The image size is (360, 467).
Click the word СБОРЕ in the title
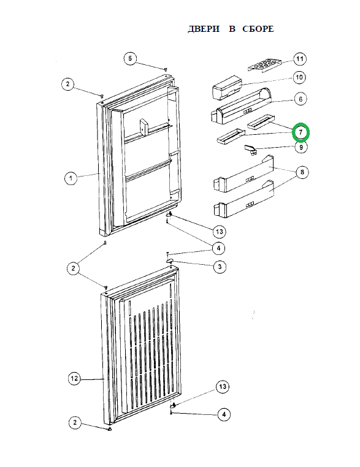[x=258, y=29]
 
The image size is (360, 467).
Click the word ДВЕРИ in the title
[x=204, y=29]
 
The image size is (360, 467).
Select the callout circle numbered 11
[x=299, y=59]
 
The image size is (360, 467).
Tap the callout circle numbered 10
[x=299, y=77]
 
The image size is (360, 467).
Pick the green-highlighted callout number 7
[x=301, y=132]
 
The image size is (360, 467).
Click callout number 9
[x=301, y=147]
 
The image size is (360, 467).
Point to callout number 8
[x=302, y=172]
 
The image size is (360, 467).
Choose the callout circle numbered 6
[x=301, y=99]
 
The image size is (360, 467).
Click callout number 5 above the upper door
[x=130, y=58]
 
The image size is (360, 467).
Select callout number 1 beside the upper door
[x=71, y=178]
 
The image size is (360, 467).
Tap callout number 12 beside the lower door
[x=74, y=378]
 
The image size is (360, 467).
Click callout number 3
[x=220, y=267]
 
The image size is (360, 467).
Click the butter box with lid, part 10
[x=227, y=87]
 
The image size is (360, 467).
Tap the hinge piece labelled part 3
[x=170, y=260]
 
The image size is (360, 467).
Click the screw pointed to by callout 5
[x=166, y=69]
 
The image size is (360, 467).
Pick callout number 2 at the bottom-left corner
[x=75, y=422]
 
